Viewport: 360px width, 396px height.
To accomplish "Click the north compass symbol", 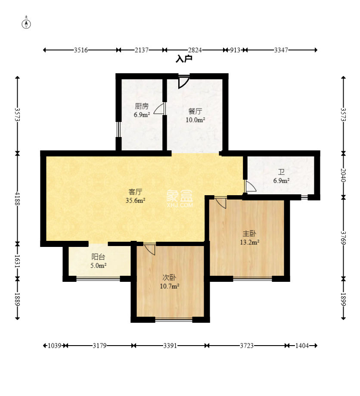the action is (27, 23).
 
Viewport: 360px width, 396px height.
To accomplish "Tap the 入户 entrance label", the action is (184, 59).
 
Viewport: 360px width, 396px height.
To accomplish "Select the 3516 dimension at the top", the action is (81, 50).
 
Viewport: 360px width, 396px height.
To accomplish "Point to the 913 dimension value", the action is (235, 50).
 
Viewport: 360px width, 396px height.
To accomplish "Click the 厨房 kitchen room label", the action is (142, 106).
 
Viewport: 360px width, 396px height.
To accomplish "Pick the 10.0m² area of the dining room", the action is (195, 120).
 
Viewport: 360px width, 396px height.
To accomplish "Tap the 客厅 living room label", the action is (135, 192).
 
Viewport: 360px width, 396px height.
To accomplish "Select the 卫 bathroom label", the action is (281, 172).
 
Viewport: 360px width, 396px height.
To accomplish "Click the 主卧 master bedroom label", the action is (249, 234).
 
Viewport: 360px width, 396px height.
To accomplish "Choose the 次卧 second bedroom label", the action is (169, 278).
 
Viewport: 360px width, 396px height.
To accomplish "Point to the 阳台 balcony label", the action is (98, 257).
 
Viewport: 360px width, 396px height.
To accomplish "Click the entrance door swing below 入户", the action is (183, 82).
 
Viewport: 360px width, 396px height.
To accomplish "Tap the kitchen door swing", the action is (159, 109).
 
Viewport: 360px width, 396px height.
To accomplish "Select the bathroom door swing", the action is (251, 187).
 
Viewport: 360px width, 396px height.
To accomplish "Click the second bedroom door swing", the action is (149, 249).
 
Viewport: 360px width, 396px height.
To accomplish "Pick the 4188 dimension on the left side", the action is (17, 198).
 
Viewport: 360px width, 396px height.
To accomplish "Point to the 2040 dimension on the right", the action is (343, 175).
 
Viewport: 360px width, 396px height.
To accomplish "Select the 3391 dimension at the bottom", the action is (170, 346).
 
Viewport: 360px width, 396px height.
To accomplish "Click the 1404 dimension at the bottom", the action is (302, 346).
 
